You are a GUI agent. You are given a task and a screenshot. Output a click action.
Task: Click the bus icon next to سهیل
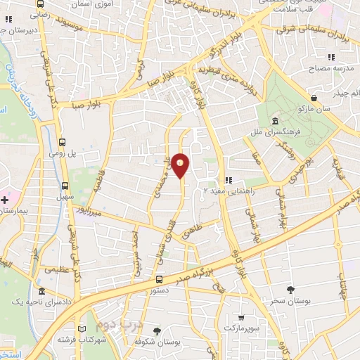point(65,186)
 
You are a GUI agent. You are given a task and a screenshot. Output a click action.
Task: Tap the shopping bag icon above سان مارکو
point(313,98)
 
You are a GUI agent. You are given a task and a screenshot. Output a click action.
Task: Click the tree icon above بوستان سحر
point(290,290)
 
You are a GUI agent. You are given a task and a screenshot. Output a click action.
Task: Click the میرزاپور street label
point(90,210)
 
